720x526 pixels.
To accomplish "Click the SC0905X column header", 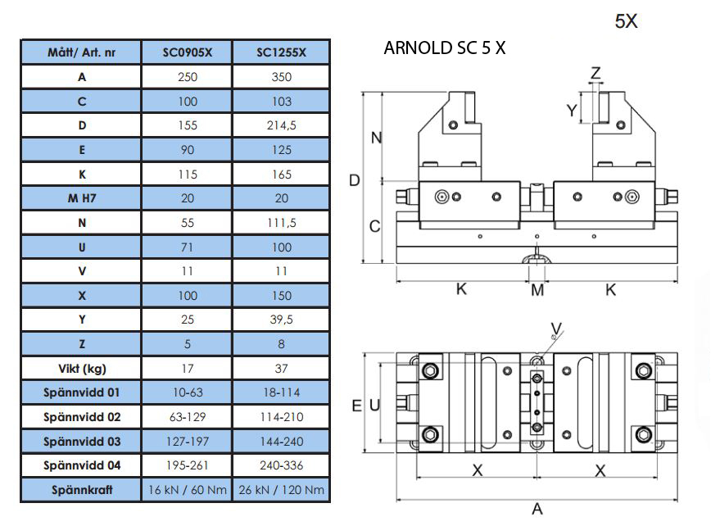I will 188,52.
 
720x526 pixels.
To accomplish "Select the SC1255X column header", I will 281,52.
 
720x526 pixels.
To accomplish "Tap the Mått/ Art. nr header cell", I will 81,52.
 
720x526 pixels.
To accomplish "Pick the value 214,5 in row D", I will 281,125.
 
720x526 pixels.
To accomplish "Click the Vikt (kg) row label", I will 81,367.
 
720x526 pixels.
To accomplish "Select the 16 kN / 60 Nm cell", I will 188,490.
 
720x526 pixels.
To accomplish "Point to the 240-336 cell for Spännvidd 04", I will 281,465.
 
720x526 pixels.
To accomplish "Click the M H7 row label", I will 81,198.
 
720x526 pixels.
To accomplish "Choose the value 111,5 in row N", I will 281,223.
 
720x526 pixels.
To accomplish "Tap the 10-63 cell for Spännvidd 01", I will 188,392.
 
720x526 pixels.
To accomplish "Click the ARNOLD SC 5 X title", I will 444,48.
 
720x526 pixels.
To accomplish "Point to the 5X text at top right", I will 626,21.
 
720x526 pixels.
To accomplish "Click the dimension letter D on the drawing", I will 355,180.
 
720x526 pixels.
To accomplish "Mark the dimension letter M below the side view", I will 537,290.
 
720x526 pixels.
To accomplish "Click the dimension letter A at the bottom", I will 537,508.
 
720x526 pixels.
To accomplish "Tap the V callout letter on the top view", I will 557,329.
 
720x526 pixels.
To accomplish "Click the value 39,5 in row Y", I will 281,320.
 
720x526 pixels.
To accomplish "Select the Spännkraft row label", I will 81,490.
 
